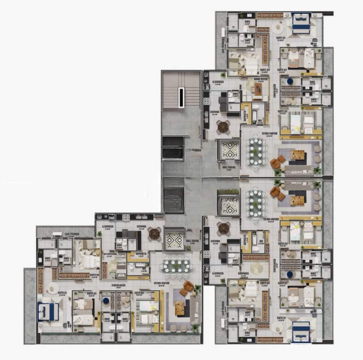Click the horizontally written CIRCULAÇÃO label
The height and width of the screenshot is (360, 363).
click(118, 285)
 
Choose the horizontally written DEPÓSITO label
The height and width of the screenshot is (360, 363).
click(141, 253)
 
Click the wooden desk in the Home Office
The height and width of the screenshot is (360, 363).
click(258, 89)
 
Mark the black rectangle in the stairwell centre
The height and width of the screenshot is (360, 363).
click(181, 97)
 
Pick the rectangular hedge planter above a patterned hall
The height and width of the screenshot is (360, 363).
click(228, 191)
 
